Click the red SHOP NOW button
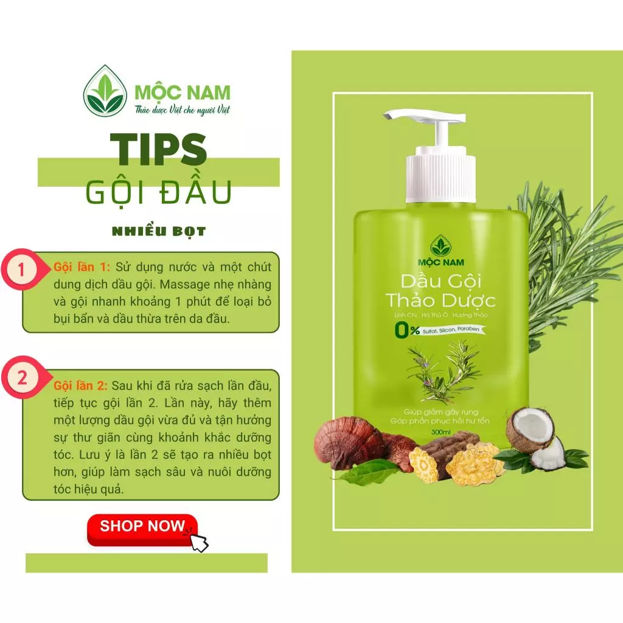tap(142, 529)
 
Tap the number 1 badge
tap(21, 270)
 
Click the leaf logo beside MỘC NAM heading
tap(105, 91)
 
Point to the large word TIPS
tap(158, 149)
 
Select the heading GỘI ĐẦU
tap(159, 192)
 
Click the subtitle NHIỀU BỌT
tap(159, 231)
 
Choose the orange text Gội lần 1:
tap(82, 268)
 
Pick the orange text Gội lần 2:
tap(80, 386)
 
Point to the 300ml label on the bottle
tap(440, 432)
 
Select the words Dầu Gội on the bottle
tap(440, 282)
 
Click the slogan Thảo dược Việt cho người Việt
tap(183, 110)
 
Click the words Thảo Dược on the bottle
tap(440, 301)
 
